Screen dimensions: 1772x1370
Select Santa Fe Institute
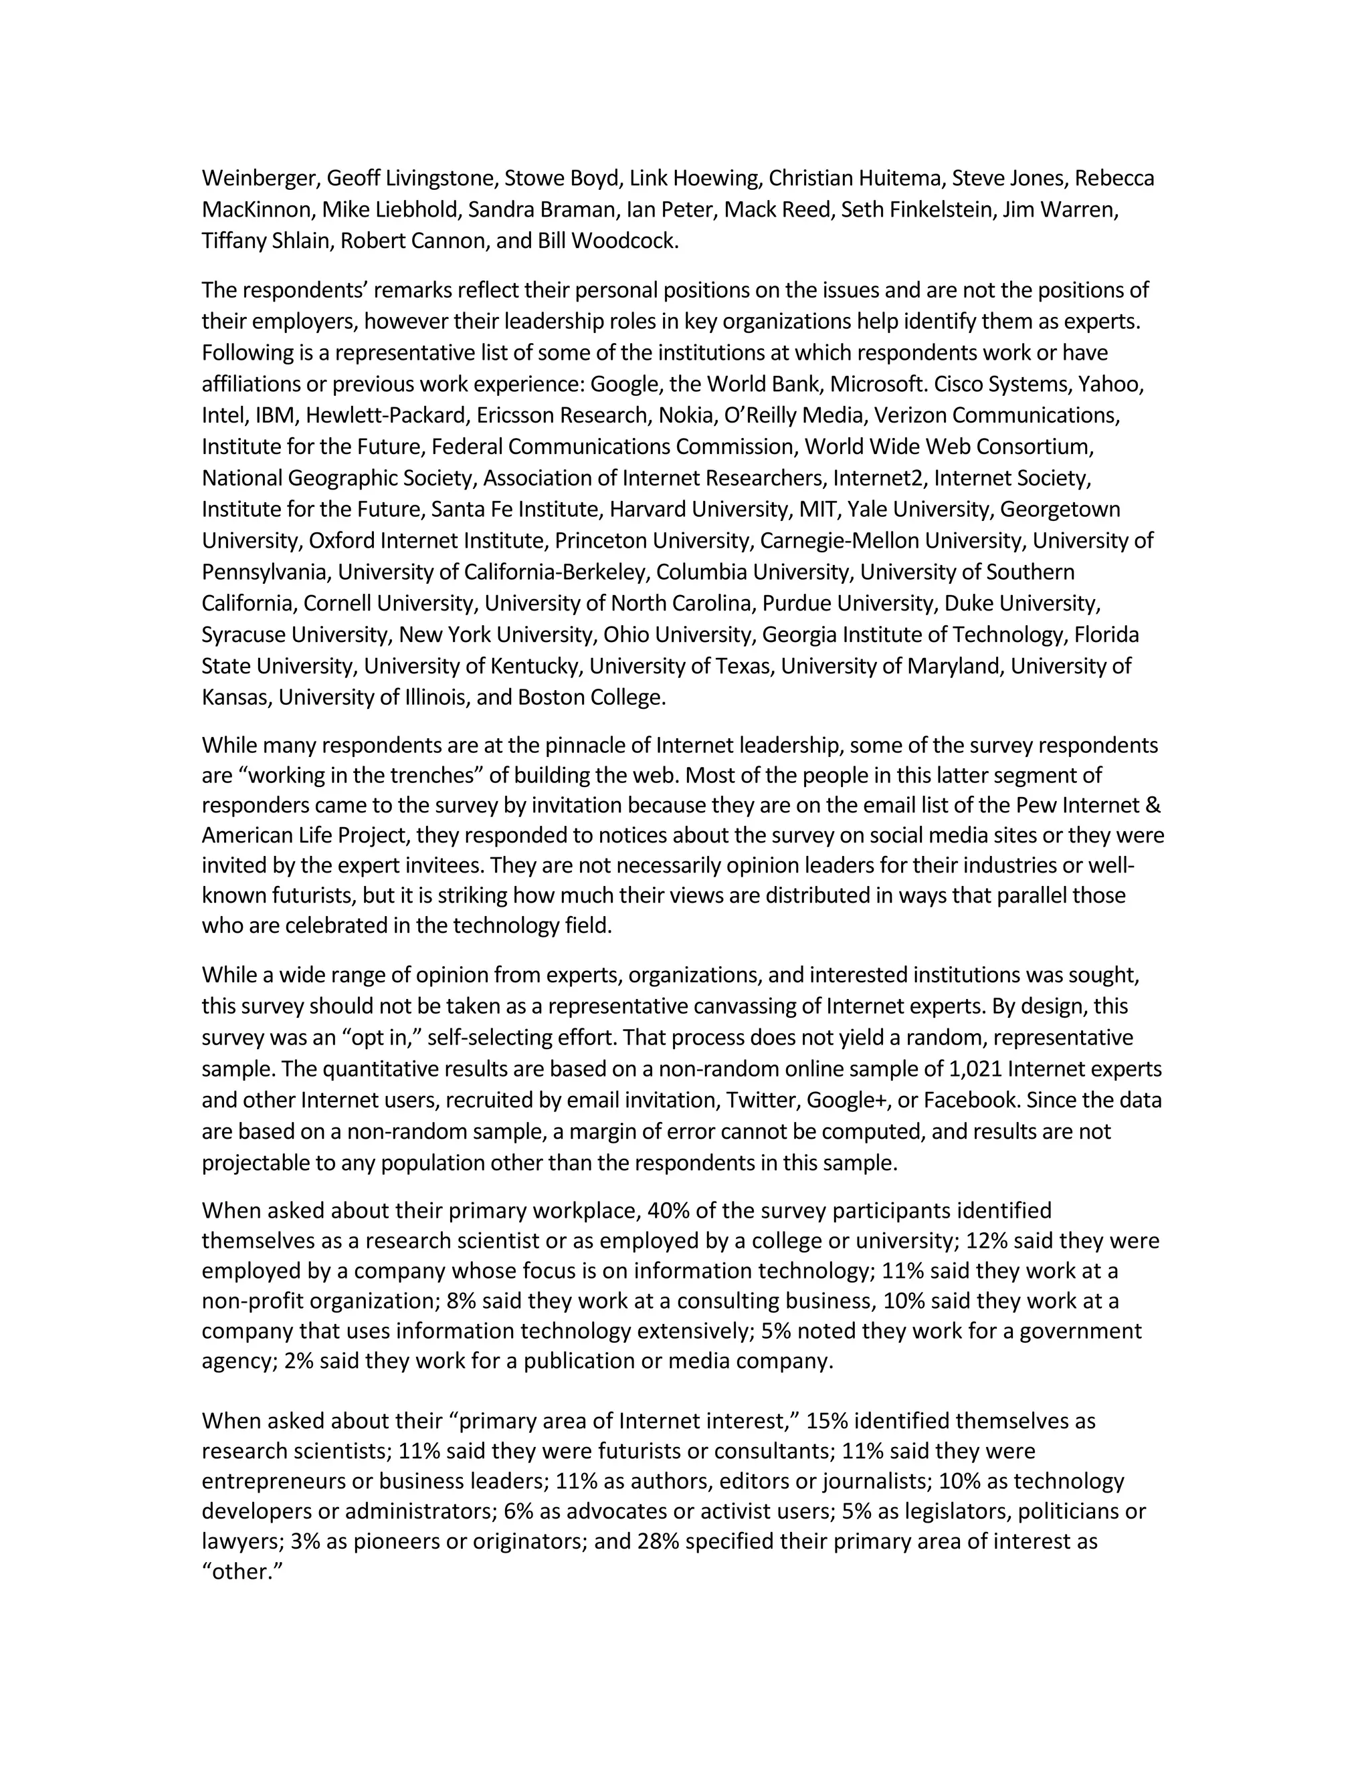[516, 509]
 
